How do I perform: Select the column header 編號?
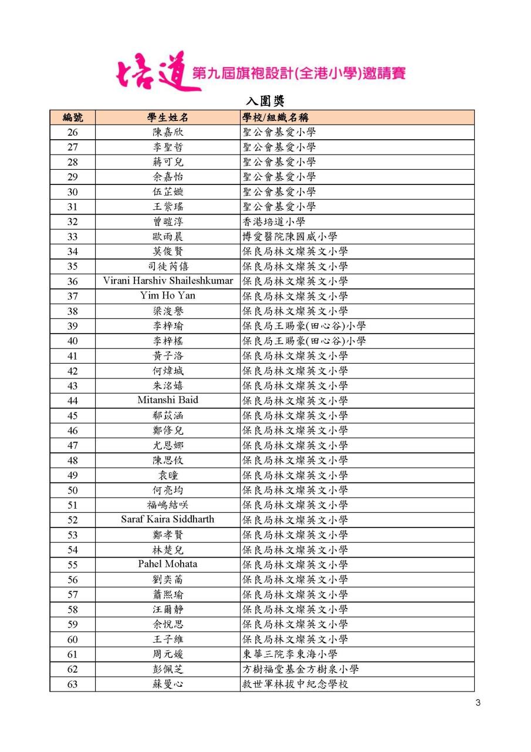[72, 117]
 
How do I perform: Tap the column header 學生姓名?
[168, 117]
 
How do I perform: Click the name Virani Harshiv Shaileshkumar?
[168, 280]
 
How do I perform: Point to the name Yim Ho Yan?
[168, 296]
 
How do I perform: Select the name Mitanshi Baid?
[168, 400]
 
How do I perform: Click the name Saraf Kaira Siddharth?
[168, 519]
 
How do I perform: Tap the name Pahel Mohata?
[168, 564]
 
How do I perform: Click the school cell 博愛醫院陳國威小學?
[290, 236]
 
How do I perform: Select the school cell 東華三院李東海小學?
[290, 654]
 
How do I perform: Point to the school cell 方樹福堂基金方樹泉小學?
[300, 669]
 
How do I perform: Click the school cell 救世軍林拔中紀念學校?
[295, 684]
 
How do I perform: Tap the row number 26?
[72, 132]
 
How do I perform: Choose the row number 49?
[72, 475]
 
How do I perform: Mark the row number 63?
[72, 684]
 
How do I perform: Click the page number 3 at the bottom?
[478, 703]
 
